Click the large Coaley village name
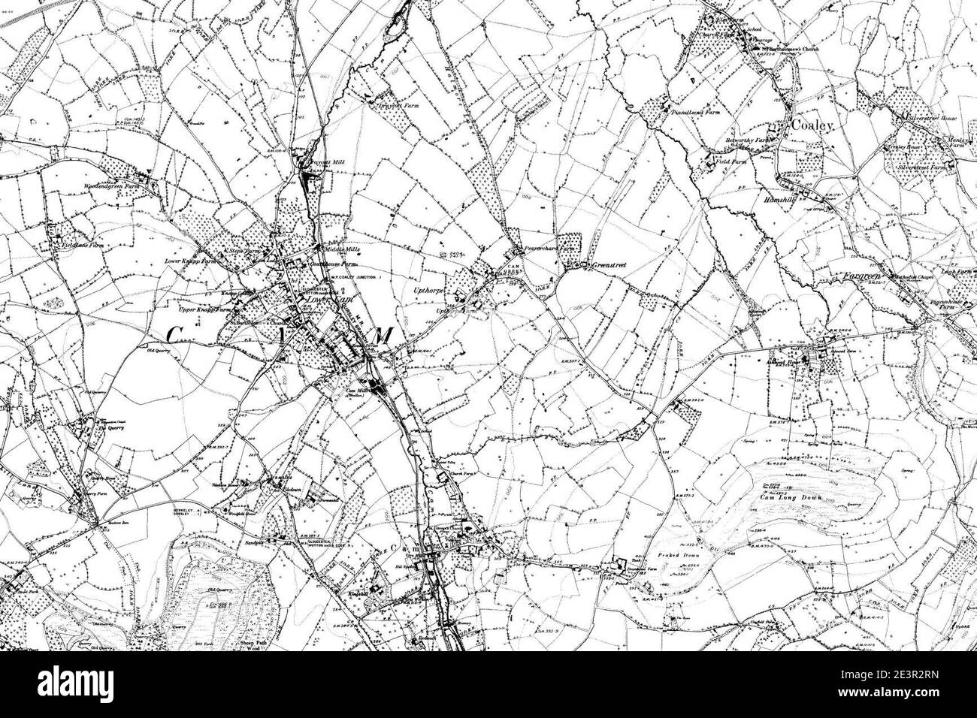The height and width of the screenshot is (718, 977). pos(812,126)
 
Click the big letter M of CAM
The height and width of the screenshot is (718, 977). pos(380,337)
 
